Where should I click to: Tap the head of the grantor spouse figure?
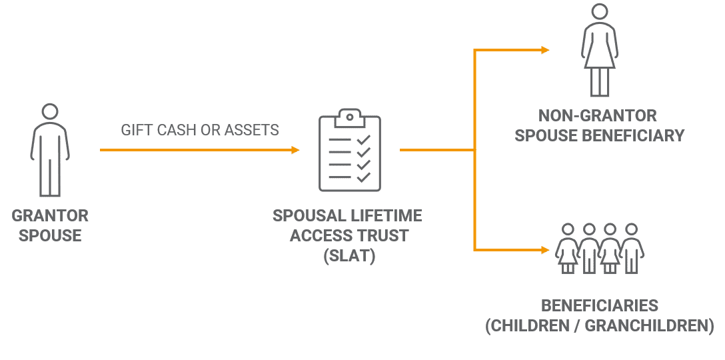tap(50, 111)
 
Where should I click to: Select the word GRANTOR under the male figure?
tap(50, 216)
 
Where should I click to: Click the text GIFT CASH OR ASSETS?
tap(199, 130)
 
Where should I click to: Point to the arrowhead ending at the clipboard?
tap(295, 150)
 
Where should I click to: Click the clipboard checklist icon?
tap(349, 150)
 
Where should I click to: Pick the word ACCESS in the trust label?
tap(313, 236)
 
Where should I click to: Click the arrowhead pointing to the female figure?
tap(545, 50)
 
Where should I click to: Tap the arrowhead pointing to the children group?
tap(545, 250)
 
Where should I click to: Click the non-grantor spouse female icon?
tap(600, 50)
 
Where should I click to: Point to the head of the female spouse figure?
tap(600, 11)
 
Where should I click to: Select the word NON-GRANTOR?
tap(600, 115)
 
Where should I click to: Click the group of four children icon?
tap(600, 248)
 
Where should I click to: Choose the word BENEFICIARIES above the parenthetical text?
tap(600, 306)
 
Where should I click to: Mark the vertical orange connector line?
tap(474, 150)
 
